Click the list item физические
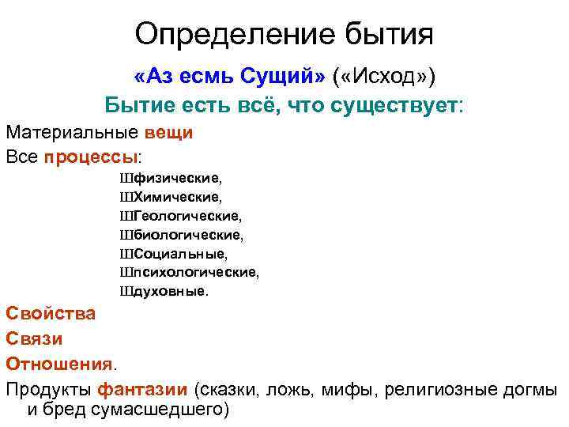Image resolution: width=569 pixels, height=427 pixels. pyautogui.click(x=177, y=177)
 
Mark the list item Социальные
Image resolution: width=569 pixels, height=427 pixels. pyautogui.click(x=180, y=253)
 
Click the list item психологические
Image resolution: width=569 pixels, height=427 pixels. pyautogui.click(x=196, y=272)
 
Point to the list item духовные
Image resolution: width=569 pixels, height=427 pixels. pyautogui.click(x=171, y=291)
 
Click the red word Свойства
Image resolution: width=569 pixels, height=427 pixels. pyautogui.click(x=51, y=312)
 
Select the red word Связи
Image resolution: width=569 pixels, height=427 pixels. pyautogui.click(x=35, y=338)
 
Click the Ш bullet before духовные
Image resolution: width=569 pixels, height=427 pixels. pyautogui.click(x=126, y=291)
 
